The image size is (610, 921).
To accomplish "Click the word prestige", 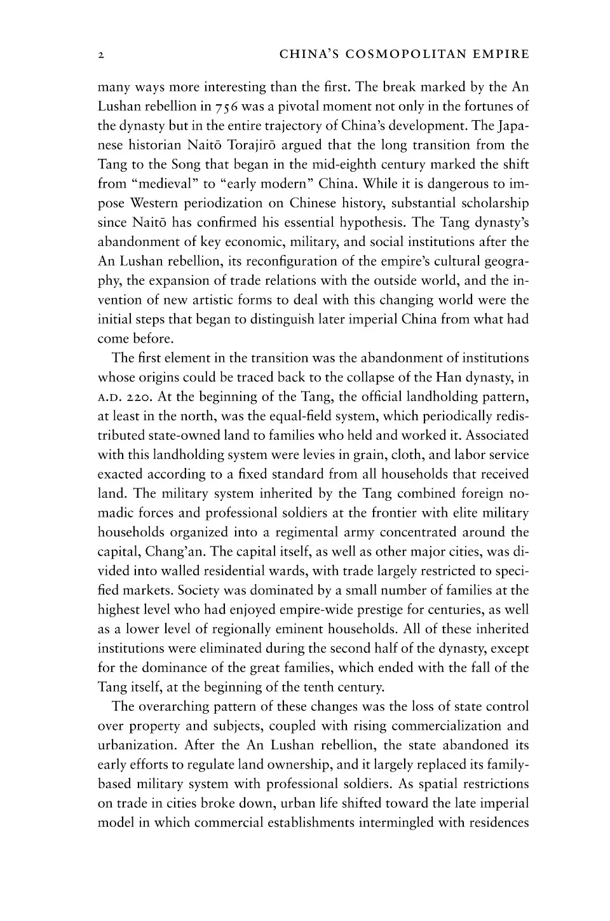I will click(373, 610).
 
